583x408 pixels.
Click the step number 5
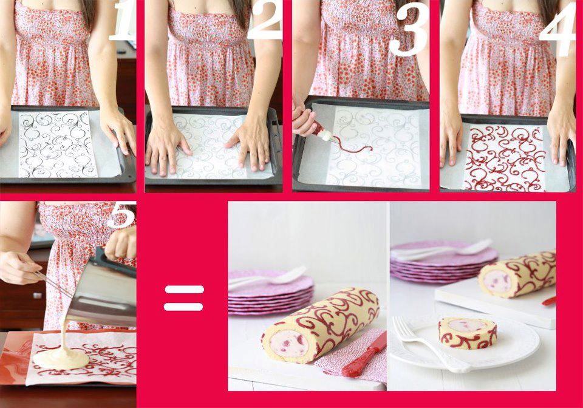(x=121, y=214)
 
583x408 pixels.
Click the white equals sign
(x=183, y=298)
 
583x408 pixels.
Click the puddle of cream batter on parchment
(x=61, y=357)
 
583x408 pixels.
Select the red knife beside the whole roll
(x=364, y=354)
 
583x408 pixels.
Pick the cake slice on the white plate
(x=468, y=333)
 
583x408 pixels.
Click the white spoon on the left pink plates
(x=268, y=277)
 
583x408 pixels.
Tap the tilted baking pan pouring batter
(x=101, y=293)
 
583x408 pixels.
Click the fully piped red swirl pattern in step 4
(x=505, y=158)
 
